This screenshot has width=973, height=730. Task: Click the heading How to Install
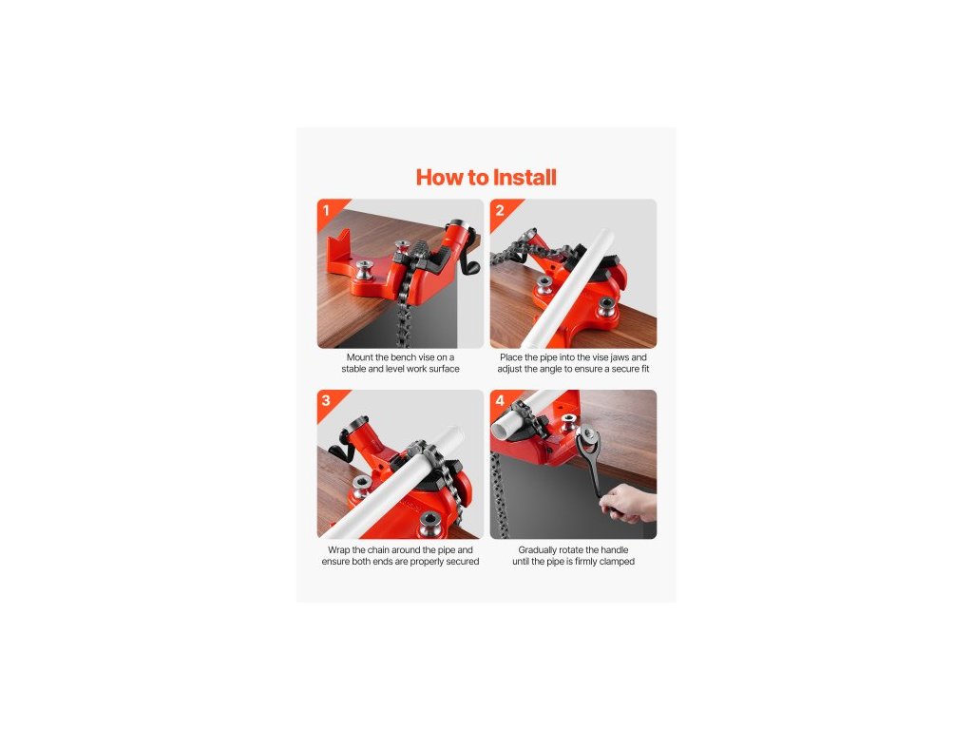coord(486,178)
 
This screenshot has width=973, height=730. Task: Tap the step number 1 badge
coord(327,210)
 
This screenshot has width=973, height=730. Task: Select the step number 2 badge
coord(500,210)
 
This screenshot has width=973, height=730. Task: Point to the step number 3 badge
coord(327,400)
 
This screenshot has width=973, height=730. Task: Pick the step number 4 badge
coord(500,400)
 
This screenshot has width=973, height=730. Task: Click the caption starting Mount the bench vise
coord(400,363)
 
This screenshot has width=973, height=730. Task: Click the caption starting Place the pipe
coord(573,363)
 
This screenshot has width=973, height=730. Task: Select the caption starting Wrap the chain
coord(400,555)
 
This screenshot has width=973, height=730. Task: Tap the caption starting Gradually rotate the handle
coord(573,555)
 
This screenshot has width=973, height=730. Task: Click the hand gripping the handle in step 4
coord(628,503)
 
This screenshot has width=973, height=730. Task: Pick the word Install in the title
coord(525,178)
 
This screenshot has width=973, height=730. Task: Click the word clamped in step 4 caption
coord(617,562)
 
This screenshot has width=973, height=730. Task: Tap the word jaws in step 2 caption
coord(620,357)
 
